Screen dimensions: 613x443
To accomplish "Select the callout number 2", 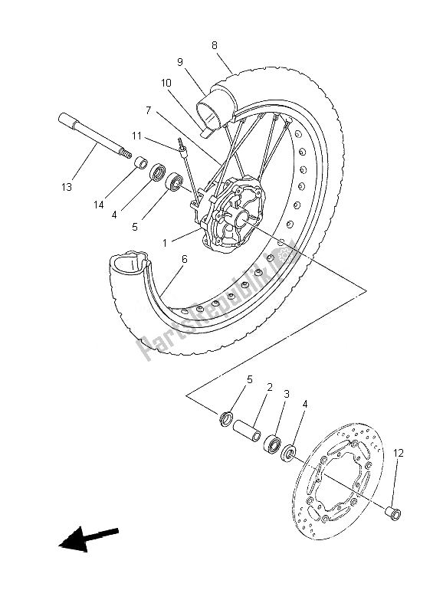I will pyautogui.click(x=269, y=388).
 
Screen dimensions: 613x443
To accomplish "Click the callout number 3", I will pyautogui.click(x=286, y=395).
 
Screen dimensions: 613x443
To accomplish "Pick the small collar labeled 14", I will pyautogui.click(x=140, y=162).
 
